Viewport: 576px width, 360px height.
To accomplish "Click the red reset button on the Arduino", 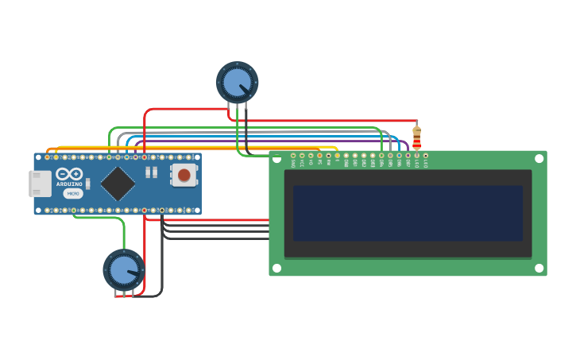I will tap(184, 175).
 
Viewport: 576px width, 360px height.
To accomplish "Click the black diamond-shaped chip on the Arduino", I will tap(118, 183).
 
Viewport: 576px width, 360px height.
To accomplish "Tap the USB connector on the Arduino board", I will tap(40, 184).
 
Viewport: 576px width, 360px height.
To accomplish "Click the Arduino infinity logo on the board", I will tap(70, 174).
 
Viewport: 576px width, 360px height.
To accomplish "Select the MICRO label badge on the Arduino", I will tap(72, 193).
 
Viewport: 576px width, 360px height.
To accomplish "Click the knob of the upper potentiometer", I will tap(237, 82).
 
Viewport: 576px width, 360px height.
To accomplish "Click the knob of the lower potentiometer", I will tap(124, 269).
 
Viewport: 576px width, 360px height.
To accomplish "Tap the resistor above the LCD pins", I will tap(416, 136).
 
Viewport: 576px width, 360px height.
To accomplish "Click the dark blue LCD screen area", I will tap(408, 213).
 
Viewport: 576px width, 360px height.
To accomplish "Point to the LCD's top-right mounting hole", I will tap(539, 159).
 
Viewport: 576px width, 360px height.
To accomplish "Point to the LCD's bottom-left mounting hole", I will tap(277, 268).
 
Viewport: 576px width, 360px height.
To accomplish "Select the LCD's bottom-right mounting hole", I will tap(539, 268).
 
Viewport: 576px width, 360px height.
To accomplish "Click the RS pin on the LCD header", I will tap(319, 156).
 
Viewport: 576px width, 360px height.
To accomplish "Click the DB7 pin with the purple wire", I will tap(408, 156).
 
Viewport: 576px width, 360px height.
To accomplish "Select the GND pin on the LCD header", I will tap(293, 156).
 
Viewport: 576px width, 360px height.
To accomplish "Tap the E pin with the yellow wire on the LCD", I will tap(337, 156).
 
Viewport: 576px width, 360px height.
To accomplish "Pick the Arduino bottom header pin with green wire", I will tap(74, 211).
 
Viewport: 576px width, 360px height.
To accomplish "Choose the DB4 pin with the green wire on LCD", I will tap(381, 156).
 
